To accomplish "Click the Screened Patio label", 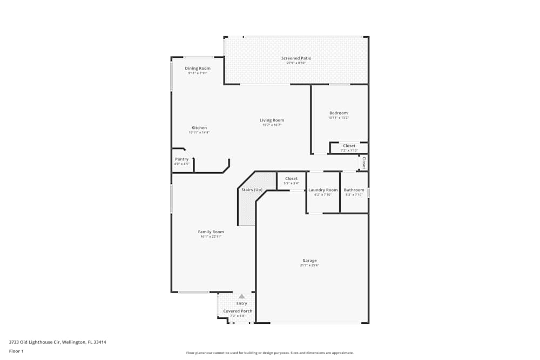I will point(296,58).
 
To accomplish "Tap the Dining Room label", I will point(198,69).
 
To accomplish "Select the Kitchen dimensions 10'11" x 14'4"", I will point(199,133).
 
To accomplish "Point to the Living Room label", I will point(272,120).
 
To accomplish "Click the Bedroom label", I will point(339,113).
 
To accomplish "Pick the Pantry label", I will point(182,159).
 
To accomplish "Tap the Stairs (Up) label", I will point(252,190).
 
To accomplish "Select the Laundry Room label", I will point(323,190).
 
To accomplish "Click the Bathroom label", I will point(354,190).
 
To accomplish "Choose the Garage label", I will point(309,261).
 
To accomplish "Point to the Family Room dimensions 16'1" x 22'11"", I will point(211,236).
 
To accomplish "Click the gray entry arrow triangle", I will point(242,296).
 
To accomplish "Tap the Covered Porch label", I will point(238,311).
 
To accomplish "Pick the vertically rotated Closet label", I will point(364,163).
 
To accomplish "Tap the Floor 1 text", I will point(16,351).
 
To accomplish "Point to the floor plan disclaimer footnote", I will point(269,353).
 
